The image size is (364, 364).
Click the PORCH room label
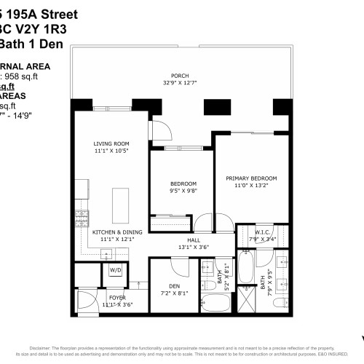(x=179, y=75)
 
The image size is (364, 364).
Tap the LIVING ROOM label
(x=111, y=144)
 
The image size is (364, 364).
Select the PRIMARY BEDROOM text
(x=251, y=178)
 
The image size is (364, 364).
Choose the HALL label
(x=193, y=240)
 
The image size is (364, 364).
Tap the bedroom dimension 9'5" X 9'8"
(x=183, y=191)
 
